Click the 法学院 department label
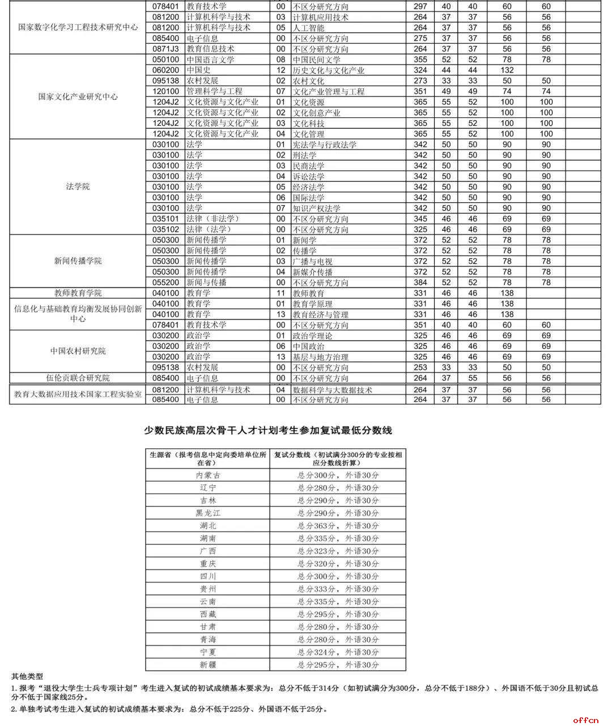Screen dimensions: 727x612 pos(78,186)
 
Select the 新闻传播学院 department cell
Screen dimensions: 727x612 pos(78,261)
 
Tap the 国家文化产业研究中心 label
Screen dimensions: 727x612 pos(78,96)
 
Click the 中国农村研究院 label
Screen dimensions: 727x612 pos(78,351)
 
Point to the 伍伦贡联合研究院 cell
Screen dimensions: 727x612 pos(78,378)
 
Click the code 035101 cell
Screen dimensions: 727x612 pos(165,219)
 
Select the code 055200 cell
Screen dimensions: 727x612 pos(165,282)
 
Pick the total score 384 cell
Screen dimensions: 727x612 pos(420,282)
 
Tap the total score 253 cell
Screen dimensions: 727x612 pos(420,367)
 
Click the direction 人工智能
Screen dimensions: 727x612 pos(308,28)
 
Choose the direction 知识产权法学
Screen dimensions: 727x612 pos(316,208)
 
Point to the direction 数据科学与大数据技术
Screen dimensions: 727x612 pos(332,390)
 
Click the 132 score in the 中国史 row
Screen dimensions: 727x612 pos(507,70)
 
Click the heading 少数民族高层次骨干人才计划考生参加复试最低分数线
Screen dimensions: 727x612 pos(268,431)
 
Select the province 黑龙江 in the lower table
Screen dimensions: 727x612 pos(208,513)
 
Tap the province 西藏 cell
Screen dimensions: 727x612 pos(208,614)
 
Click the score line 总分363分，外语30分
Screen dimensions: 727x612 pos(338,526)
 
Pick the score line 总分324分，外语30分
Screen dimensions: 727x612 pos(338,652)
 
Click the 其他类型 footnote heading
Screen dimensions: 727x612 pos(27,677)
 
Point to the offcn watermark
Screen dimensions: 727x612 pos(585,720)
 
